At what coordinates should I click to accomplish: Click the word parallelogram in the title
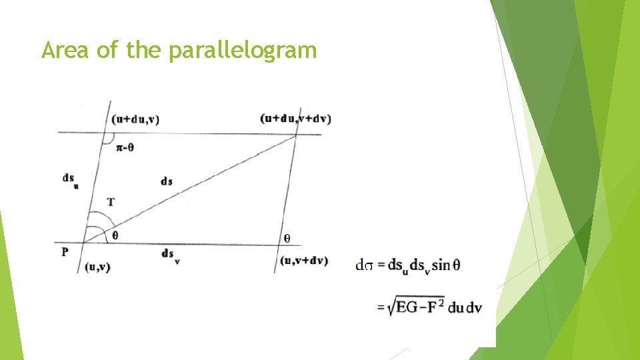coord(243,50)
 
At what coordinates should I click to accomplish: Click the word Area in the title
coord(65,50)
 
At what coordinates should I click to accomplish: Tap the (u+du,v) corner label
coord(136,119)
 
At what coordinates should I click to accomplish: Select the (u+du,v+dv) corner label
coord(295,119)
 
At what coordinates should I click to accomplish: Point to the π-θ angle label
coord(125,148)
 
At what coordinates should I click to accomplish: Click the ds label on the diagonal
coord(167,181)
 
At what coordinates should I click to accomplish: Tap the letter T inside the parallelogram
coord(110,201)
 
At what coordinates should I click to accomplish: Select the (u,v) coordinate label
coord(98,267)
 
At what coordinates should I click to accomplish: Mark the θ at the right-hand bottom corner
coord(287,237)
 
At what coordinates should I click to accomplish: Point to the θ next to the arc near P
coord(116,235)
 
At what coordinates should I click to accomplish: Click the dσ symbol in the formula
coord(363,265)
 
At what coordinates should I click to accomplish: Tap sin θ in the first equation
coord(446,265)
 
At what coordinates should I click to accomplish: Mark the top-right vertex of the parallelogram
coord(297,135)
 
